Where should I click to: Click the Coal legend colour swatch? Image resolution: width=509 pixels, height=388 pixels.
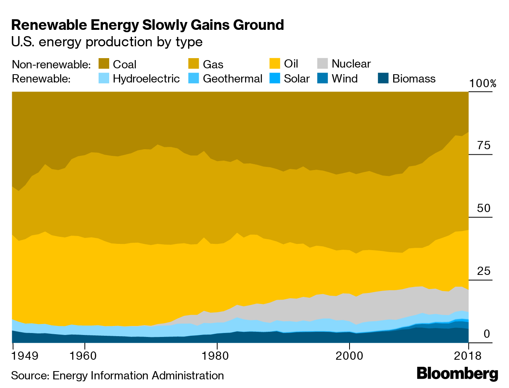[x=103, y=64]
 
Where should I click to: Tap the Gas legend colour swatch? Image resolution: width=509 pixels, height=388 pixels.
[x=194, y=64]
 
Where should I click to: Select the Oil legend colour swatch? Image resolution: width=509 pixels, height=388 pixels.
[x=275, y=64]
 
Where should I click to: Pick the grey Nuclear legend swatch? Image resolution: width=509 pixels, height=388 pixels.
[x=322, y=64]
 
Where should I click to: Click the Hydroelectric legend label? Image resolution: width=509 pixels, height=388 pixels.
[x=146, y=79]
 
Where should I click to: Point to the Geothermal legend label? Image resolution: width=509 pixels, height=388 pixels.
[x=233, y=79]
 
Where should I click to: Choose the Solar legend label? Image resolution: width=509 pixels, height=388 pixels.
[x=297, y=79]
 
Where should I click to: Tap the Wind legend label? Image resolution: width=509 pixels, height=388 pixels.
[x=344, y=79]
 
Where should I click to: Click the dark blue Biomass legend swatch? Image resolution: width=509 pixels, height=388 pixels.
[x=383, y=79]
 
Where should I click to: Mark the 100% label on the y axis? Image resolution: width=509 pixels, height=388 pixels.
[x=482, y=84]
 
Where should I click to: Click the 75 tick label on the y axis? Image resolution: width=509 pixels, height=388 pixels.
[x=484, y=146]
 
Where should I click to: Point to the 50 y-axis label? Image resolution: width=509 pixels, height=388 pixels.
[x=484, y=209]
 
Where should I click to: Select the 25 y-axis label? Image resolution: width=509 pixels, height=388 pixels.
[x=484, y=271]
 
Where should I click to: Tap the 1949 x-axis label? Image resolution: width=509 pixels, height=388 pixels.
[x=25, y=356]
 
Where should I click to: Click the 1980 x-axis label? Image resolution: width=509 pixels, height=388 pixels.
[x=217, y=356]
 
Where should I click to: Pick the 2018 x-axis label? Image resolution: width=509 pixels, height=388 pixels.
[x=468, y=356]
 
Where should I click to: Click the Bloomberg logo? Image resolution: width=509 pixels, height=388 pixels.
[x=457, y=373]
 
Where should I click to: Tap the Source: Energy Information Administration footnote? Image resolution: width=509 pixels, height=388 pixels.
[x=117, y=376]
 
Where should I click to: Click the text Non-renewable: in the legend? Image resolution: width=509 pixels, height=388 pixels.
[x=51, y=64]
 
